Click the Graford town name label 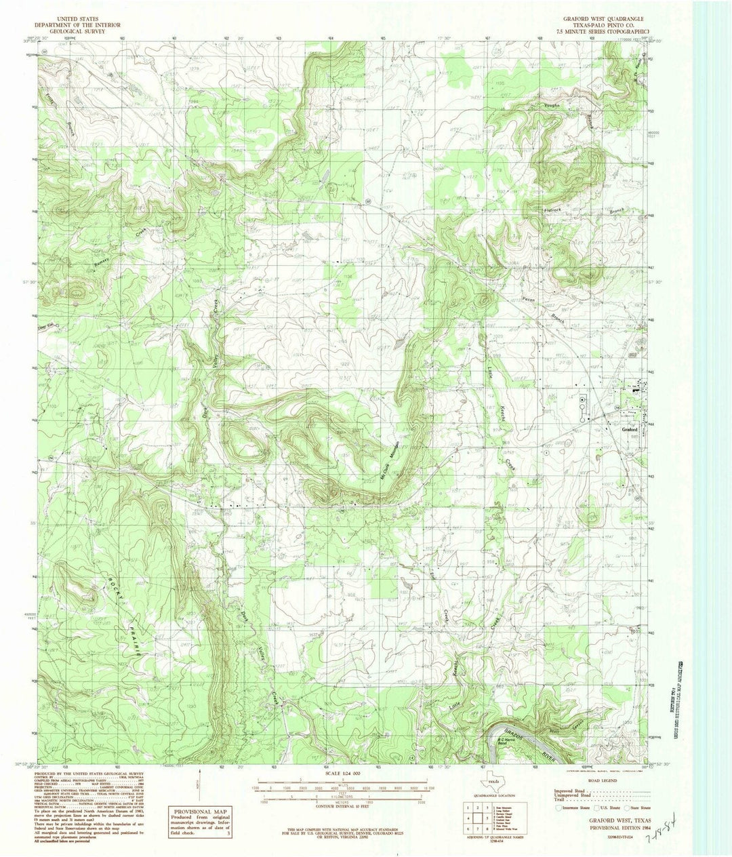coord(632,429)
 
